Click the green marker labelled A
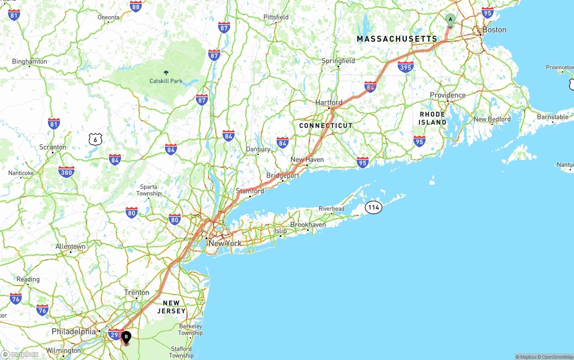tap(450, 20)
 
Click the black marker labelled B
tap(126, 337)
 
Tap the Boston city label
tap(494, 30)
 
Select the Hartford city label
tap(329, 102)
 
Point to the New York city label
tap(225, 243)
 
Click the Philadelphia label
tap(74, 332)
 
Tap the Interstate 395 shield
tap(405, 67)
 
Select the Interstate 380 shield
tap(66, 172)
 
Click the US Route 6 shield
tap(95, 139)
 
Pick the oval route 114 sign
tap(373, 207)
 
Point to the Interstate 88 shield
tap(136, 6)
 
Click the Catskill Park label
tap(166, 81)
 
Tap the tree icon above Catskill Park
tap(166, 72)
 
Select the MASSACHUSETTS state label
tap(397, 39)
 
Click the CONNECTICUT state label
tap(326, 126)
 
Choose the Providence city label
tap(448, 95)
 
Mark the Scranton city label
tap(52, 147)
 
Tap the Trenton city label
tap(137, 293)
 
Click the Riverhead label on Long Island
tap(331, 208)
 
